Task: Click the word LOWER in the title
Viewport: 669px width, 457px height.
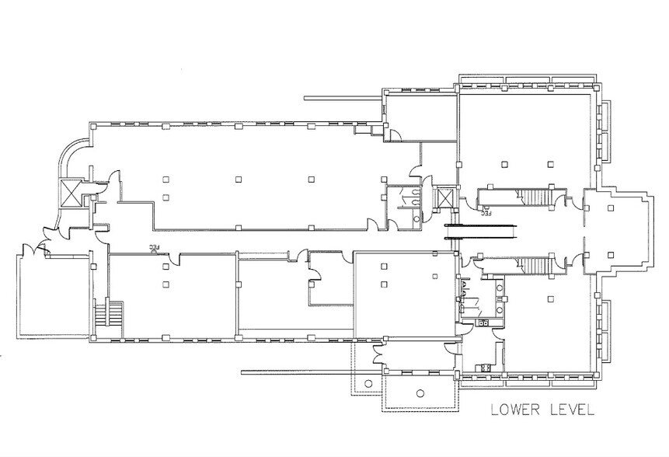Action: coord(515,410)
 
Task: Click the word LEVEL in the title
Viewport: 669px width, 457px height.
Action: coord(572,410)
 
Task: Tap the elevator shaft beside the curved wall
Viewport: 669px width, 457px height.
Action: coord(71,193)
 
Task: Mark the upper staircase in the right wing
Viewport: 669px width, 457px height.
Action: coord(535,197)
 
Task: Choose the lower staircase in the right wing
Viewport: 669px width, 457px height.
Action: coord(535,265)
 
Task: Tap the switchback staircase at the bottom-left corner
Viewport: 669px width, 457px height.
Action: coord(108,314)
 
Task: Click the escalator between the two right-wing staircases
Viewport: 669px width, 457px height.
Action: coord(481,232)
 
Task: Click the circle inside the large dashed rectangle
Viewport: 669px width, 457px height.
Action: coord(420,393)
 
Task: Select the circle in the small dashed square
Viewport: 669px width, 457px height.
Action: coord(368,382)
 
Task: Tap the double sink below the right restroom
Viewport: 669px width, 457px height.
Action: coord(483,323)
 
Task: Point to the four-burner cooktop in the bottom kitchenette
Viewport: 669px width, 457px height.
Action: coord(485,368)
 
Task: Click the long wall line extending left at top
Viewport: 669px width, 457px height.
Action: coord(343,98)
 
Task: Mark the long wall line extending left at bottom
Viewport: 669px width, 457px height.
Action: coord(312,372)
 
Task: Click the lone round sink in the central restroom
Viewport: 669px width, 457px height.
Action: coord(416,219)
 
